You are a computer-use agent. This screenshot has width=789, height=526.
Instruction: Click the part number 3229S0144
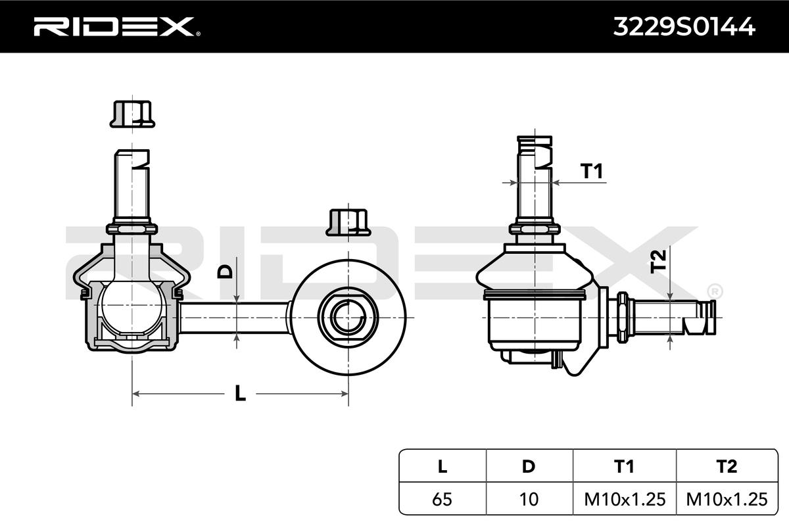[x=683, y=26]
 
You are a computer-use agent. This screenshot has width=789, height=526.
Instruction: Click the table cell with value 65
[x=442, y=500]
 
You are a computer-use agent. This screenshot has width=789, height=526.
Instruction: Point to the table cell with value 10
[x=528, y=500]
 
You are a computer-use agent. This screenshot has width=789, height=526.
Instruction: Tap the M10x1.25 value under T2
[x=726, y=500]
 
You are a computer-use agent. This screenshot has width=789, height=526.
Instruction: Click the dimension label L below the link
[x=240, y=394]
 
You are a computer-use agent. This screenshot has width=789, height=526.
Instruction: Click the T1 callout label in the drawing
[x=592, y=172]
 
